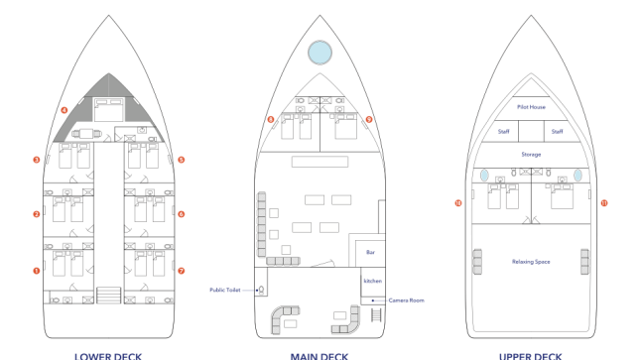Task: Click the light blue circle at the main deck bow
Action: click(320, 53)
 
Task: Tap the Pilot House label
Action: click(531, 107)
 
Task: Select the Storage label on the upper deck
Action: click(531, 155)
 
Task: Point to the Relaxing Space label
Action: click(531, 262)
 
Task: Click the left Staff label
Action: click(504, 131)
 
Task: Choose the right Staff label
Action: click(557, 131)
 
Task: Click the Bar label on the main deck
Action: click(371, 253)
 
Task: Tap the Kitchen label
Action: click(372, 281)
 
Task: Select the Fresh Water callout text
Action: click(225, 290)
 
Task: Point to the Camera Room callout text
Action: click(406, 300)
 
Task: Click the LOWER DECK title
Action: click(108, 355)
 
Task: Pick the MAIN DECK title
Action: click(320, 355)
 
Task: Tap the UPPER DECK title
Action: click(531, 355)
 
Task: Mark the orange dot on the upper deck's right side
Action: click(604, 203)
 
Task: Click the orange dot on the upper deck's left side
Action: click(458, 203)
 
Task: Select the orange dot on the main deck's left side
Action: click(271, 119)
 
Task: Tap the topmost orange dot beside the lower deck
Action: click(64, 110)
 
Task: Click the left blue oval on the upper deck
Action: click(484, 176)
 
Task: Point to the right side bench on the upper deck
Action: click(584, 262)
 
